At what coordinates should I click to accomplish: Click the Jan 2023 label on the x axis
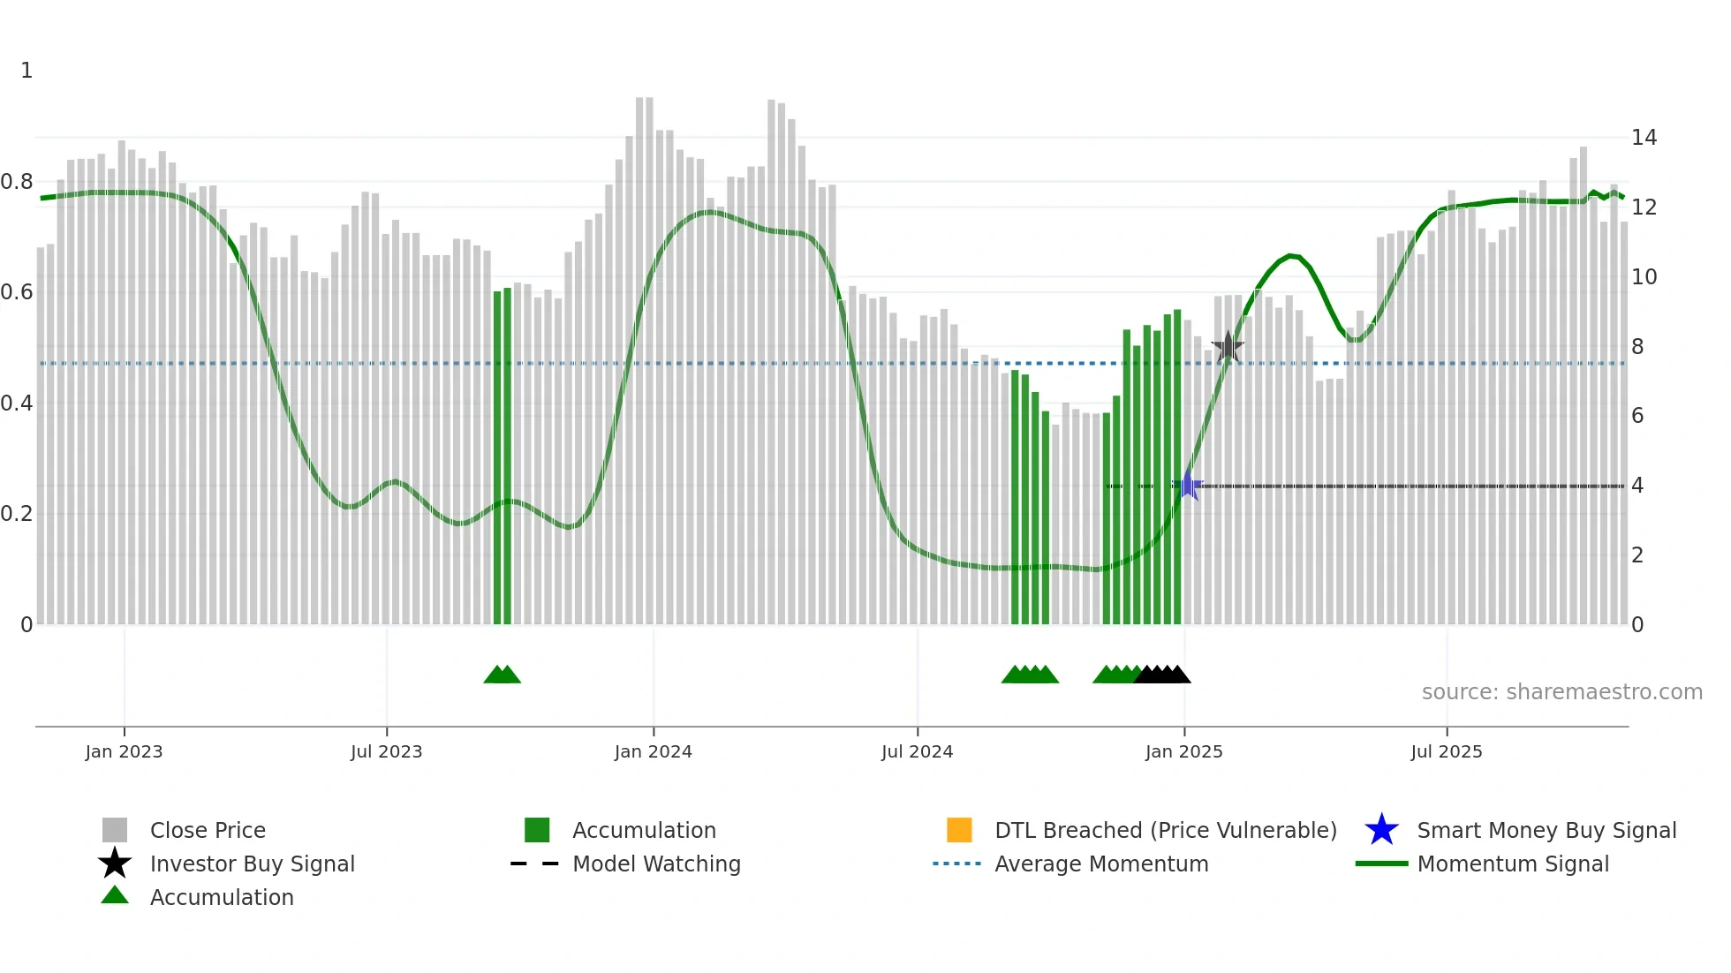[124, 751]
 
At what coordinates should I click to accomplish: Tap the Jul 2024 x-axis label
[917, 751]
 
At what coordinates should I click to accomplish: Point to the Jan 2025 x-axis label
[1183, 751]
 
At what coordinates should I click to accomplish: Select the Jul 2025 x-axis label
[1446, 751]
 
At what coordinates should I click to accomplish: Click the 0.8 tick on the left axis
[17, 182]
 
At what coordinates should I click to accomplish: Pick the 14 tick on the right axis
[1644, 138]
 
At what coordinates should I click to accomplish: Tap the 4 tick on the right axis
[1637, 486]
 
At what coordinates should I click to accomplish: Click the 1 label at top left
[26, 71]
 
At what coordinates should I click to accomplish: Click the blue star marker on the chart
[1189, 486]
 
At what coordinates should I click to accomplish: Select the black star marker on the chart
[1228, 347]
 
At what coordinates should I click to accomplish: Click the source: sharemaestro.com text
[1561, 692]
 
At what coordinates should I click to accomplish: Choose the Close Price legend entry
[208, 830]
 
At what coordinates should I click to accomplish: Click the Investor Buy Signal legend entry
[252, 864]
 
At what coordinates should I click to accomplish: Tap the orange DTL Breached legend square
[959, 830]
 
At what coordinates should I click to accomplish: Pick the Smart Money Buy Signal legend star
[1381, 830]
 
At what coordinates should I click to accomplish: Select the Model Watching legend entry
[656, 864]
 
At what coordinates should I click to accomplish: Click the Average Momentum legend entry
[1100, 864]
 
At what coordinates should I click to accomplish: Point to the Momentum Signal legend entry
[1512, 864]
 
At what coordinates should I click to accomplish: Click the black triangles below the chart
[1162, 675]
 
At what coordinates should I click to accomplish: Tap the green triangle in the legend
[115, 895]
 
